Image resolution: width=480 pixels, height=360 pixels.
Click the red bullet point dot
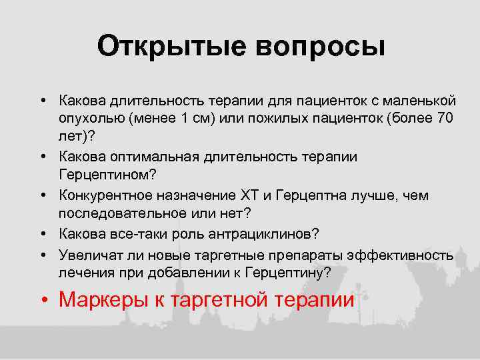pos(43,301)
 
